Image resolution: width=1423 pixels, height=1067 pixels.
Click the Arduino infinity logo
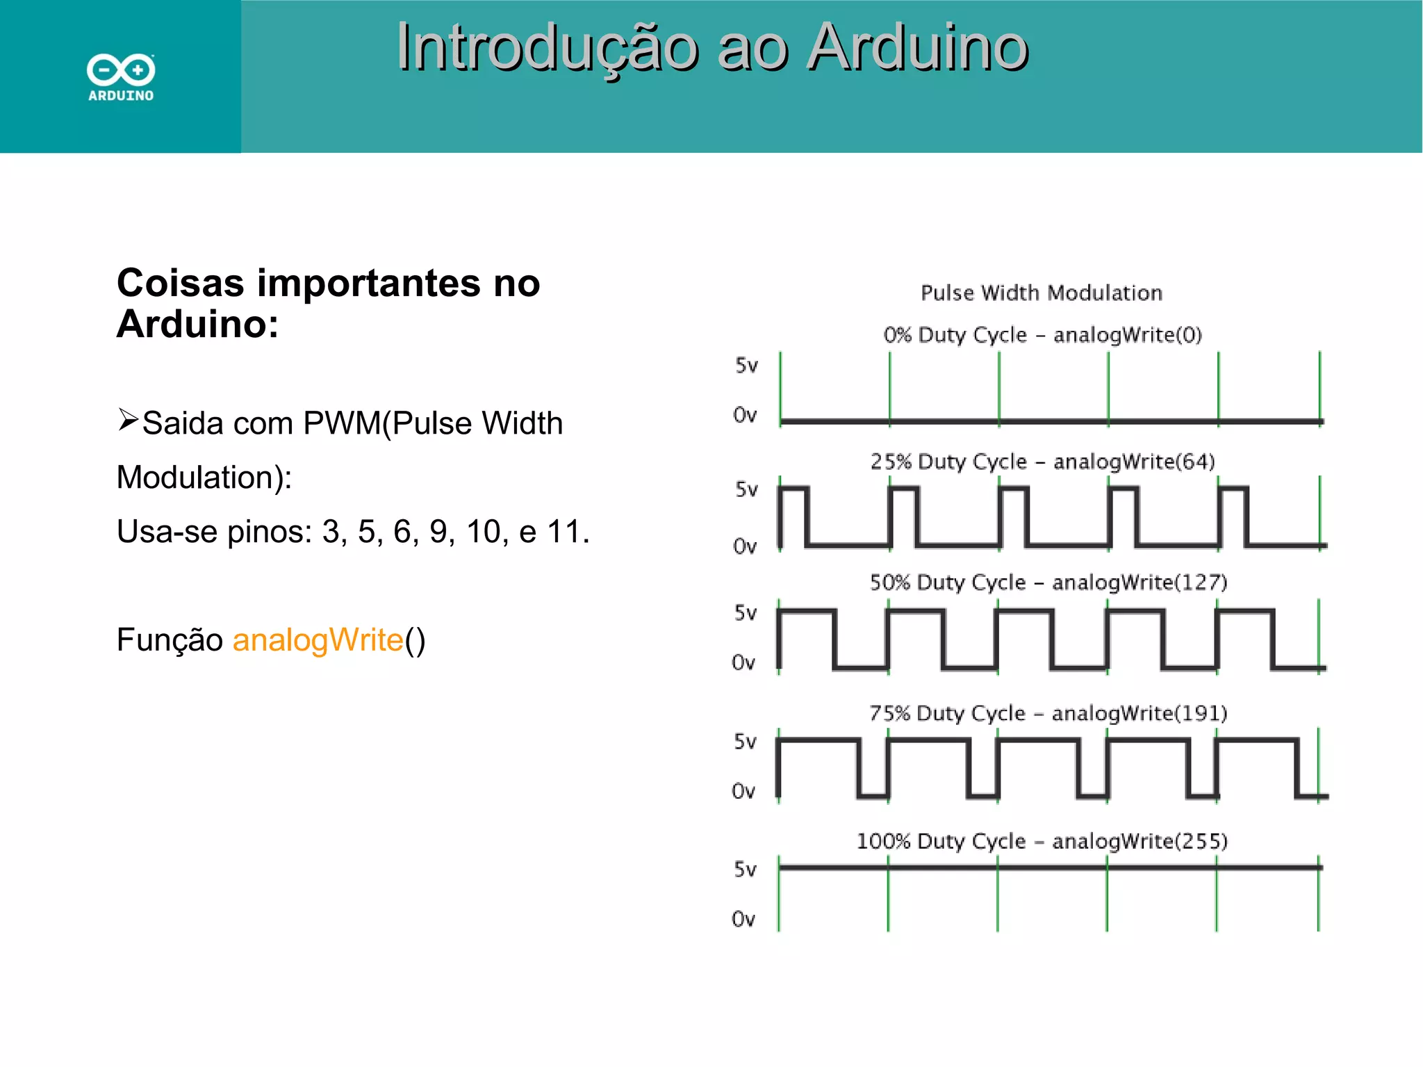(x=121, y=70)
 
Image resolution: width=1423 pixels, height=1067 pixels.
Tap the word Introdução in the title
(x=548, y=47)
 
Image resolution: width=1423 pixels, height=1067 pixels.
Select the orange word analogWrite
(x=318, y=640)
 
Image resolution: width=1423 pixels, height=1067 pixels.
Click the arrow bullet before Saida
(x=128, y=420)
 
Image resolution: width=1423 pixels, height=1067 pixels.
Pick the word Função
(x=170, y=640)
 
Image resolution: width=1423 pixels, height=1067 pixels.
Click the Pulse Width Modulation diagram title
(x=1041, y=293)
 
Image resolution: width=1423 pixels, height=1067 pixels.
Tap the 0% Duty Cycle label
(x=955, y=335)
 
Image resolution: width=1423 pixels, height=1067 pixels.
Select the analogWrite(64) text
(x=1134, y=462)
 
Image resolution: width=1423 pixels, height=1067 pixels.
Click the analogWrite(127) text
(x=1140, y=582)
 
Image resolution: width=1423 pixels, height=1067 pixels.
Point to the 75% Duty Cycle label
(x=947, y=713)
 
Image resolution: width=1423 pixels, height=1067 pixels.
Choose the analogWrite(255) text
(x=1140, y=841)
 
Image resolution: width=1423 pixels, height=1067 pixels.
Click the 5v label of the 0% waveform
(x=746, y=365)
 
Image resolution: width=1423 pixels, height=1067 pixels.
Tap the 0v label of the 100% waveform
(x=743, y=920)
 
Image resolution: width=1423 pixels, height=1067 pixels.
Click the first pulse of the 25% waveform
(x=793, y=516)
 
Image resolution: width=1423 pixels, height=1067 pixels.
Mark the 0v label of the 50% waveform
(x=743, y=662)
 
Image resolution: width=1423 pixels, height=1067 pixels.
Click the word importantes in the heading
(x=368, y=283)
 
